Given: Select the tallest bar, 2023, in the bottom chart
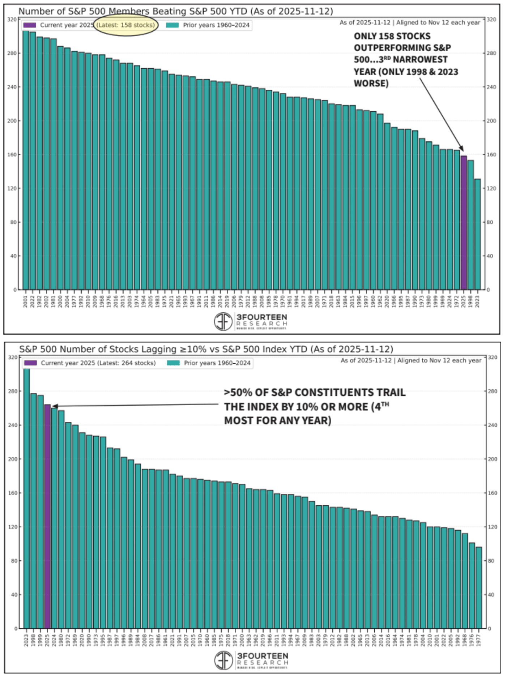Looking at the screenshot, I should tap(26, 499).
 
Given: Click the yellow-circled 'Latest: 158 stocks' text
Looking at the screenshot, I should tap(126, 25).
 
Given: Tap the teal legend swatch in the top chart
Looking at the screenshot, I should tap(172, 25).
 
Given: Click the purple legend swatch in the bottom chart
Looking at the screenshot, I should tap(30, 363).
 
